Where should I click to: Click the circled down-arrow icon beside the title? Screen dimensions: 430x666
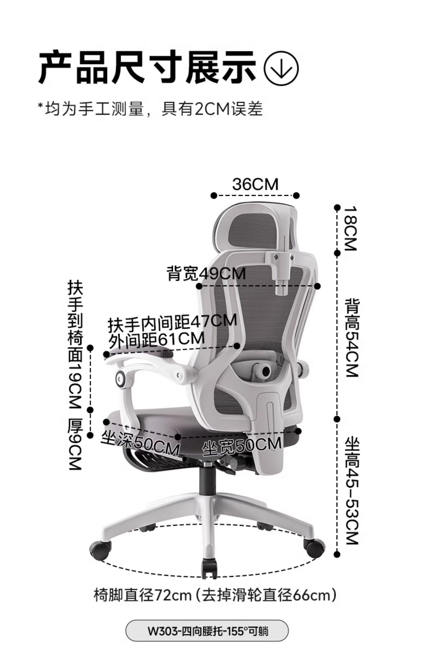(x=281, y=68)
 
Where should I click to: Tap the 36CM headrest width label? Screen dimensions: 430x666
(x=255, y=184)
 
